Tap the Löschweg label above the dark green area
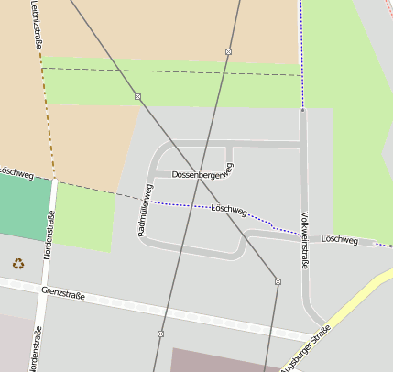pyautogui.click(x=16, y=171)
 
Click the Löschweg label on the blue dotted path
pyautogui.click(x=229, y=210)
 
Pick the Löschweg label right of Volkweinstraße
pyautogui.click(x=340, y=239)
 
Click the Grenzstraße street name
pyautogui.click(x=63, y=294)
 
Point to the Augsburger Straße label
pyautogui.click(x=307, y=353)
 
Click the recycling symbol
pyautogui.click(x=18, y=264)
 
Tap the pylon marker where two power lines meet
pyautogui.click(x=278, y=281)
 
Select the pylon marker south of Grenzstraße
pyautogui.click(x=160, y=334)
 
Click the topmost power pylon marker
pyautogui.click(x=228, y=51)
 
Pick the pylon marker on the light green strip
pyautogui.click(x=137, y=96)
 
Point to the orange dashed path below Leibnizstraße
pyautogui.click(x=47, y=119)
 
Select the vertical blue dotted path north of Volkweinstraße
pyautogui.click(x=300, y=46)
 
